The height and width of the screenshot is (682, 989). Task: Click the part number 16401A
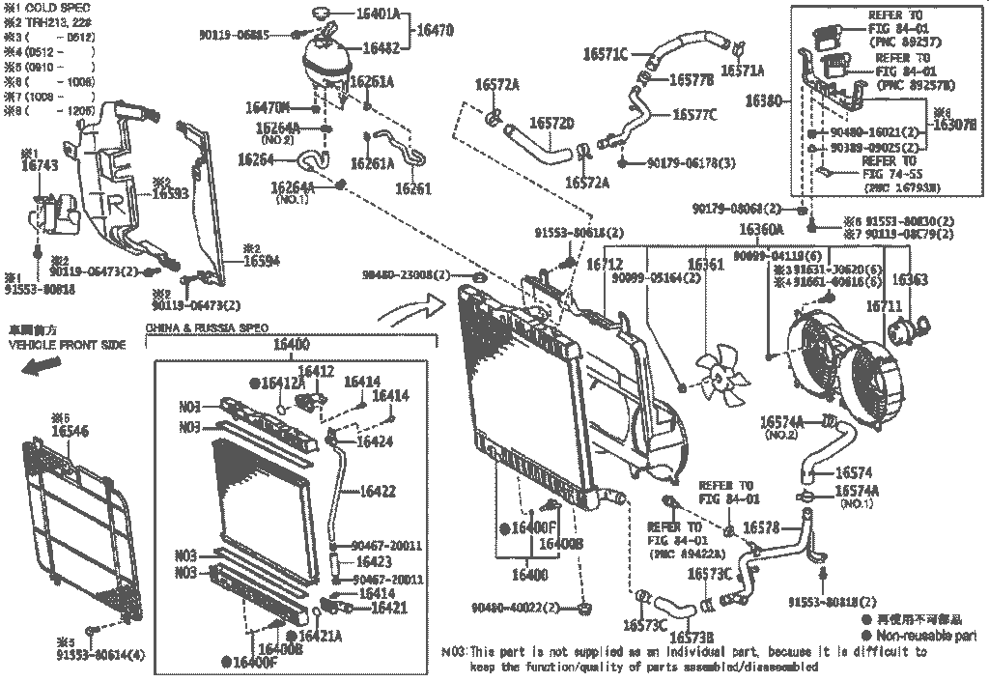386,14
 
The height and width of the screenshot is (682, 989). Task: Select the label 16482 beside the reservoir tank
383,46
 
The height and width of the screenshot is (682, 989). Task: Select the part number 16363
908,280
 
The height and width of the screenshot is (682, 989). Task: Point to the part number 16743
40,166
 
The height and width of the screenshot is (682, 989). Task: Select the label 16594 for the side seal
261,261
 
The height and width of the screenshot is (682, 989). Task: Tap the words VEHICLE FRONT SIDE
67,345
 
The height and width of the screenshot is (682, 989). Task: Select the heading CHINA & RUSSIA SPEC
206,327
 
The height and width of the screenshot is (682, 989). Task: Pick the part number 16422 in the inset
377,492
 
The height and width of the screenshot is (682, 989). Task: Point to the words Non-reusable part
925,635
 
